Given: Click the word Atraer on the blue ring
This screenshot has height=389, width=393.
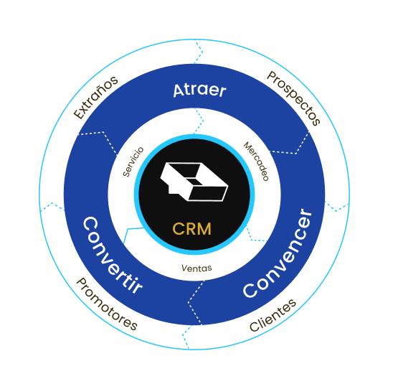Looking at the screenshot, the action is [199, 90].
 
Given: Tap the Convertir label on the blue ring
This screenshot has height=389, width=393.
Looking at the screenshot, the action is [113, 256].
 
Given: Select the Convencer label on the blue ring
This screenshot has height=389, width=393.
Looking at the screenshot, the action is [278, 253].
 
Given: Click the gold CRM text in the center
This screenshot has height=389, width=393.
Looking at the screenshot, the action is [192, 229].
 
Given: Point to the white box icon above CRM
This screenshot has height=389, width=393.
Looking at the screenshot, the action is [194, 182].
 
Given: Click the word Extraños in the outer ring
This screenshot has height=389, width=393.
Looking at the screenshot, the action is [96, 98].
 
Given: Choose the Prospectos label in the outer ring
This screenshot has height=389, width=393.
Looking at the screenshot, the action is [293, 98].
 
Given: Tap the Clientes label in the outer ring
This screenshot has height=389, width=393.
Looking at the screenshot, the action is [273, 316].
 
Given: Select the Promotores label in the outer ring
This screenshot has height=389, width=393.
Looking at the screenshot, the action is [107, 304].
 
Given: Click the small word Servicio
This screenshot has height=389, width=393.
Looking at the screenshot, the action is [133, 161].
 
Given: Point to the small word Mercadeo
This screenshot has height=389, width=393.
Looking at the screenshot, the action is [256, 161].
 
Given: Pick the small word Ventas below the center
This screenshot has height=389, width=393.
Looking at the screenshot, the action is [196, 268].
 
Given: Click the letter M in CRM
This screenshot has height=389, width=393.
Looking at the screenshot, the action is [204, 229].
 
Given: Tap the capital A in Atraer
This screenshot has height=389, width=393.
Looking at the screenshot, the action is [179, 90].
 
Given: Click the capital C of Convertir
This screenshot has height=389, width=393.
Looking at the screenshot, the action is [90, 224].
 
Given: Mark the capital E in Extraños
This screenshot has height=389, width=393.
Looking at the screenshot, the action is [78, 114].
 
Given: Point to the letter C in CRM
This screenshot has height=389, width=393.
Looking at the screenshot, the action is [178, 229].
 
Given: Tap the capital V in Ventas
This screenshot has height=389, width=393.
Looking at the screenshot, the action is [185, 268].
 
